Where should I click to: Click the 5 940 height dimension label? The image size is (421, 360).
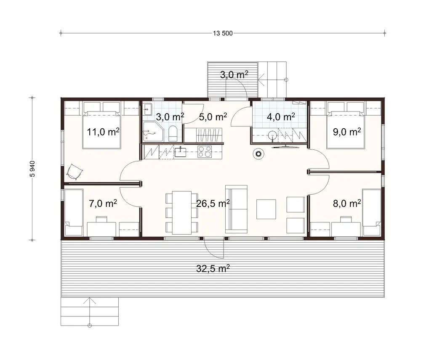[x=32, y=169]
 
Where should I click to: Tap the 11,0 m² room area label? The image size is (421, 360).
[x=103, y=132]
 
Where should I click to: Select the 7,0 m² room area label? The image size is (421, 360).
[x=103, y=204]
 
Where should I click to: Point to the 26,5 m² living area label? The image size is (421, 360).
[x=213, y=204]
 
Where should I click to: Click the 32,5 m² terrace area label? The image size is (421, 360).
[x=213, y=270]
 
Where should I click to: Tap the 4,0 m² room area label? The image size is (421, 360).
[x=281, y=116]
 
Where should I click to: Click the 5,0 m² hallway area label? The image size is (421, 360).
[x=213, y=116]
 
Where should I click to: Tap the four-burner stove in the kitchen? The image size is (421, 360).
[x=205, y=151]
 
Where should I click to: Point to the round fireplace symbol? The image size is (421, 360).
[x=257, y=154]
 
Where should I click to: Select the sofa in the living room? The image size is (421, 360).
[x=237, y=209]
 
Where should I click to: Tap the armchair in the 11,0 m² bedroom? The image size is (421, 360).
[x=74, y=170]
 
